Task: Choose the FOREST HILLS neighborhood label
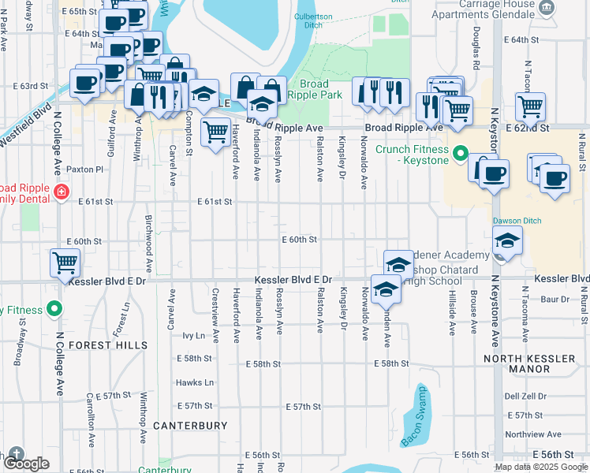tap(107, 345)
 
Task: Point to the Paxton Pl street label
tap(85, 169)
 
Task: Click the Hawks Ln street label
tap(196, 382)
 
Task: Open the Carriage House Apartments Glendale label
tap(489, 10)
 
